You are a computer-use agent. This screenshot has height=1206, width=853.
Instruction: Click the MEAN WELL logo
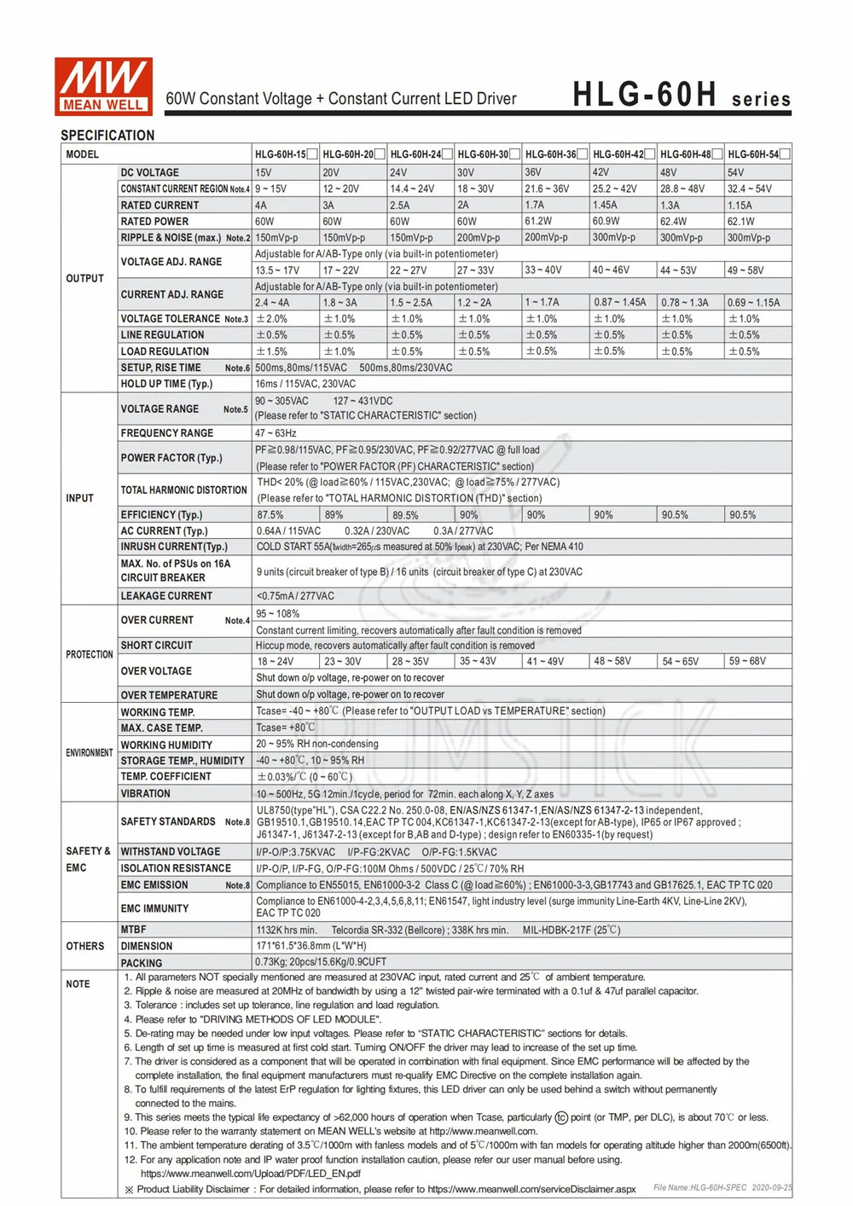[x=103, y=86]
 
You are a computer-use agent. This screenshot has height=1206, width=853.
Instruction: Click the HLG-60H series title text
[x=681, y=95]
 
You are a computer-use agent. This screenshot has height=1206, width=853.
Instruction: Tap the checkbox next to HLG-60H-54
[x=785, y=154]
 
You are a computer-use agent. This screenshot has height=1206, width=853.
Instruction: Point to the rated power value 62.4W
[x=673, y=222]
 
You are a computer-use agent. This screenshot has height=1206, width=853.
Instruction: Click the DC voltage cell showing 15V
[x=264, y=172]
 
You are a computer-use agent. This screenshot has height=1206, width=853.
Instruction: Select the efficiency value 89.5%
[x=405, y=515]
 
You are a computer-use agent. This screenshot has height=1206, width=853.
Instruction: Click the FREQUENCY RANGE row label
[x=167, y=433]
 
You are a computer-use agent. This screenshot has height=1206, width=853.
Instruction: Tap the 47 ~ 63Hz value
[x=276, y=433]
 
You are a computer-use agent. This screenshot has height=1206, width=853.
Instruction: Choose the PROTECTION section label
[x=89, y=654]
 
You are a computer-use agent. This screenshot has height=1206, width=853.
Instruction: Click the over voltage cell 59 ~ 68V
[x=747, y=661]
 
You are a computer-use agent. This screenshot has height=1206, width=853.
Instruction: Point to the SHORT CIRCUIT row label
[x=156, y=646]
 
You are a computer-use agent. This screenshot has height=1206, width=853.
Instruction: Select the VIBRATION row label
[x=145, y=793]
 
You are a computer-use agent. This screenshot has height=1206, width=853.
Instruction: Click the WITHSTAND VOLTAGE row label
[x=171, y=851]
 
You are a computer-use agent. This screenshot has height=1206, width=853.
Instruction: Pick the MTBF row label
[x=133, y=930]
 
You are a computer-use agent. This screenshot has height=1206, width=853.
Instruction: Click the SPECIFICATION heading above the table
[x=107, y=136]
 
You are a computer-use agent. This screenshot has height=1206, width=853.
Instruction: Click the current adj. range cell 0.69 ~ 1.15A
[x=753, y=303]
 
